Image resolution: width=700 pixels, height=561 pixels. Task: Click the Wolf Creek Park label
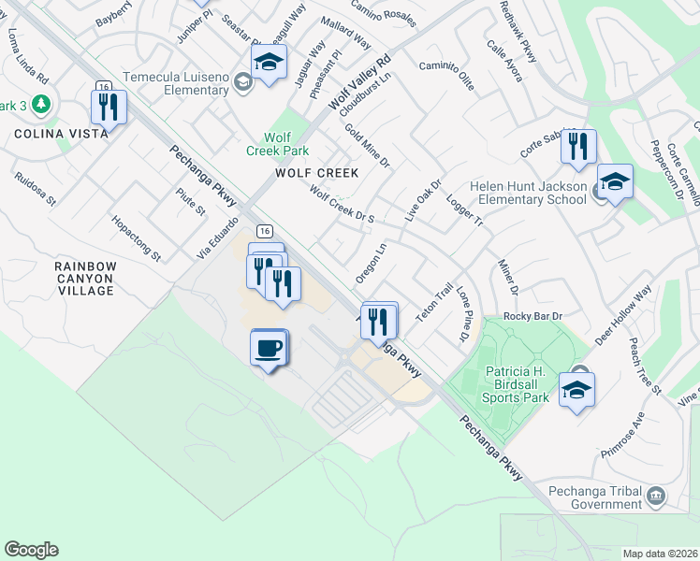click(277, 144)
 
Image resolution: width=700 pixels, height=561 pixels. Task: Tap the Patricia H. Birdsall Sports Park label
click(516, 383)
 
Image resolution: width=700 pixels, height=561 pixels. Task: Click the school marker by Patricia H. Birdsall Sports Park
click(576, 389)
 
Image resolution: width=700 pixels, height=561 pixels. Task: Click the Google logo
click(31, 550)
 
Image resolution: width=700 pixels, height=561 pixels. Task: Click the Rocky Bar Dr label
click(532, 317)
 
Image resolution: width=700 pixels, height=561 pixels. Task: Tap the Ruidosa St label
click(36, 188)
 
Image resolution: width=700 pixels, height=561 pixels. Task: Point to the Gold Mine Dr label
click(367, 146)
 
